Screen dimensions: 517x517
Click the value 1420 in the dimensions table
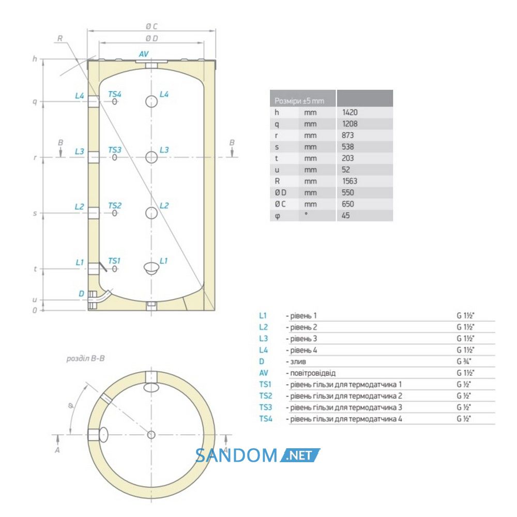(x=349, y=112)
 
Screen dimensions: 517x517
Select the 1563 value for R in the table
(x=349, y=181)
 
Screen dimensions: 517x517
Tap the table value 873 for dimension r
(x=347, y=135)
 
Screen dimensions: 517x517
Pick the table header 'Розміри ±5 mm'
(x=299, y=101)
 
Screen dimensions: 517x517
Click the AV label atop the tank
(x=144, y=54)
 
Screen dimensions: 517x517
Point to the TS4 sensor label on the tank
(x=115, y=94)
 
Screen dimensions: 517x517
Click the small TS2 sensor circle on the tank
(x=114, y=214)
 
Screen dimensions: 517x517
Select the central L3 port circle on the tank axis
(x=151, y=157)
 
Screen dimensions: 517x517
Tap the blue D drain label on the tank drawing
(x=82, y=294)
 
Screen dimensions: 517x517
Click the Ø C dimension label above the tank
(x=151, y=26)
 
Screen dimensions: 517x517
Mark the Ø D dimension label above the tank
(x=151, y=39)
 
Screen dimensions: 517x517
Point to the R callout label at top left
(x=59, y=38)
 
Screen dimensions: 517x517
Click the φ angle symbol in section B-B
(x=70, y=405)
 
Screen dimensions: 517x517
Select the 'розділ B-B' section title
(x=85, y=358)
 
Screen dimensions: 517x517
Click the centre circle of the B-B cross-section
(x=151, y=435)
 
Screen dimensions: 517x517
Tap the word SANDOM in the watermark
(x=236, y=455)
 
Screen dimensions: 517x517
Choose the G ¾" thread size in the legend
(x=464, y=361)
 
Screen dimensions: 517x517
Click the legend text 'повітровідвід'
(x=313, y=373)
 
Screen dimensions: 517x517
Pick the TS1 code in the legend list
(x=265, y=385)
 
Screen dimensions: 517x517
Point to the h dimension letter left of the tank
(x=35, y=59)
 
